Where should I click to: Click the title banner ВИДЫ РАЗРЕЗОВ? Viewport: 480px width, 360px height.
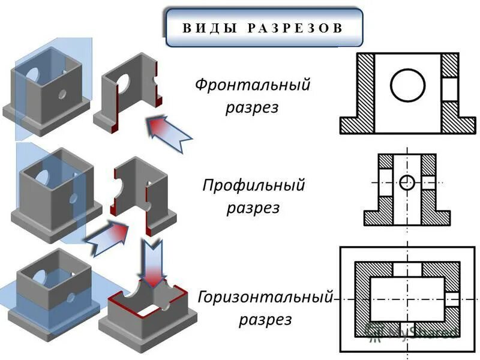264,28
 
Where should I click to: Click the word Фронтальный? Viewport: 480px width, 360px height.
253,85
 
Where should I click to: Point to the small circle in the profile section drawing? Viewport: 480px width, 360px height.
407,182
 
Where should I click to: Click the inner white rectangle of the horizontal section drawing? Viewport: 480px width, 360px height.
407,299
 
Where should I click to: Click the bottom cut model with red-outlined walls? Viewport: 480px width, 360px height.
147,315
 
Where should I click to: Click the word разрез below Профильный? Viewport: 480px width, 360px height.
253,208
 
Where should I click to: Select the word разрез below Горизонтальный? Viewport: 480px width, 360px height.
265,319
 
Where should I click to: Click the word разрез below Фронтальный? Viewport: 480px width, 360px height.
253,108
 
